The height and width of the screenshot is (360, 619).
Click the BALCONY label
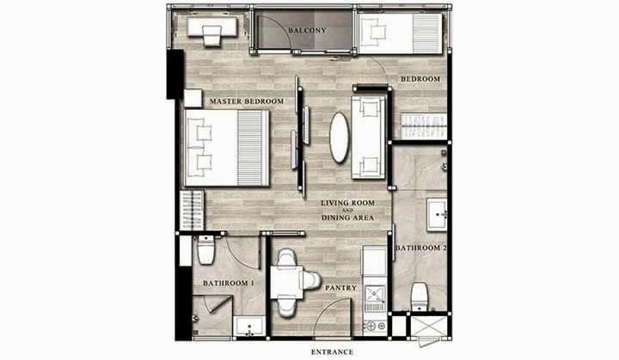(307, 30)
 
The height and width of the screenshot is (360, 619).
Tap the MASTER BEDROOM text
(247, 101)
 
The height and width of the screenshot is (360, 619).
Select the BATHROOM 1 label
(228, 284)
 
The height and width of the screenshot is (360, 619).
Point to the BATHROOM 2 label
(420, 248)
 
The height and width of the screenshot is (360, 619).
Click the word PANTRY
(340, 288)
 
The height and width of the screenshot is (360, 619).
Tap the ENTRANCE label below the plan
(332, 352)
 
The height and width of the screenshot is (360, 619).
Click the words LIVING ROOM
(347, 203)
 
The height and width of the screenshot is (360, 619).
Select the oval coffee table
(339, 137)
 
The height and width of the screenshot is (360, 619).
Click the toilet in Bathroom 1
(205, 249)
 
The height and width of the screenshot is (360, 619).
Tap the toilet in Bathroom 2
(419, 296)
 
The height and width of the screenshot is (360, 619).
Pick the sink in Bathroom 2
(437, 215)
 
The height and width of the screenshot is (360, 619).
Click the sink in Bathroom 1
(249, 326)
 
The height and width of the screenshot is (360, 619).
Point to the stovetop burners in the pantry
(375, 326)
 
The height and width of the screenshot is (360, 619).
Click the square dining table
(286, 282)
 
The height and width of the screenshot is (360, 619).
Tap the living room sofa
(368, 137)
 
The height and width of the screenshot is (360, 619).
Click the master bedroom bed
(227, 148)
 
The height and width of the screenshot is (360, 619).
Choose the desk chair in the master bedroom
(212, 36)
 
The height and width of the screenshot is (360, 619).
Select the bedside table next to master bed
(193, 98)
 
